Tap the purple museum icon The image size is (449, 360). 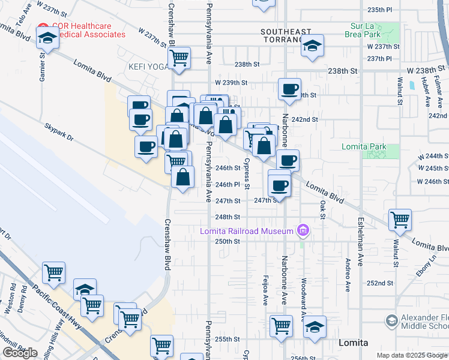point(303,230)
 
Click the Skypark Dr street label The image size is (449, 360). point(59,132)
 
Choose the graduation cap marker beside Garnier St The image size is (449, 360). point(46,39)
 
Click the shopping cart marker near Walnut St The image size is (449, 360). point(400,220)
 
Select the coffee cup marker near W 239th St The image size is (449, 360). point(290,89)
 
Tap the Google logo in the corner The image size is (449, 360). point(20,352)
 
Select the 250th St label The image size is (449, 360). point(228,241)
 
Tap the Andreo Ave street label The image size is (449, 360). point(348,275)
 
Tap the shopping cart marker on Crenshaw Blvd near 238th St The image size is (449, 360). point(179,58)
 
